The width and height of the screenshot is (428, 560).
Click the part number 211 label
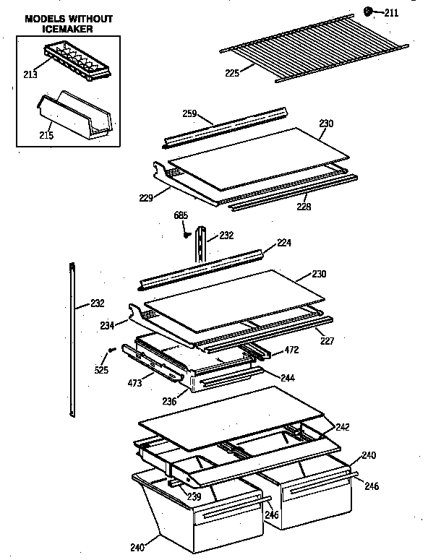click(391, 12)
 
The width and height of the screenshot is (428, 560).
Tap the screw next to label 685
click(186, 233)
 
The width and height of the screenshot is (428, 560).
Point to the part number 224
click(285, 243)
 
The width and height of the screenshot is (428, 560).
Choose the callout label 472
click(291, 350)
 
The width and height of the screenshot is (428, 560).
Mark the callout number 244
click(287, 377)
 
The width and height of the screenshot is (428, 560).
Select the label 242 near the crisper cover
click(342, 427)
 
